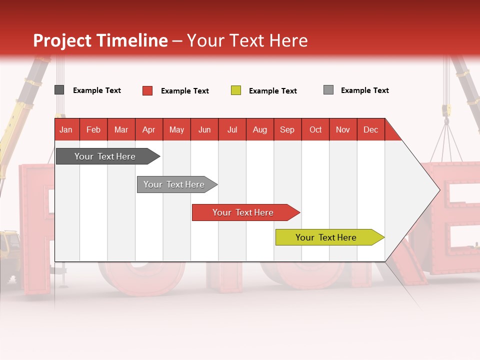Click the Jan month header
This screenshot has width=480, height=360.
point(66,129)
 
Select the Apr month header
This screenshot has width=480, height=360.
point(149,129)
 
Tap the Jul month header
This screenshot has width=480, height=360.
point(232,129)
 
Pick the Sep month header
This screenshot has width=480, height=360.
point(287,129)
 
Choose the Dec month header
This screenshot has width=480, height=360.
point(370,129)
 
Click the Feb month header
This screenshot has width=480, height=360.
point(93,129)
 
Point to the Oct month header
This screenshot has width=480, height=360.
point(315,129)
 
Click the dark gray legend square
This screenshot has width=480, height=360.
point(59,90)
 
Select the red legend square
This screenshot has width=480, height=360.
point(147,90)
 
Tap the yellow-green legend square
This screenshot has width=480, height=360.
point(236,90)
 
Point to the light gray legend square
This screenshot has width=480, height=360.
point(328,90)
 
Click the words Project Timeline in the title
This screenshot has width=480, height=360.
point(100,40)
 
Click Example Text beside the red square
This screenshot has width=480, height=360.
point(185,91)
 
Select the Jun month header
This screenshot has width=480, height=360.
point(204,129)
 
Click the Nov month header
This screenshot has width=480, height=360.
point(343,129)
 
